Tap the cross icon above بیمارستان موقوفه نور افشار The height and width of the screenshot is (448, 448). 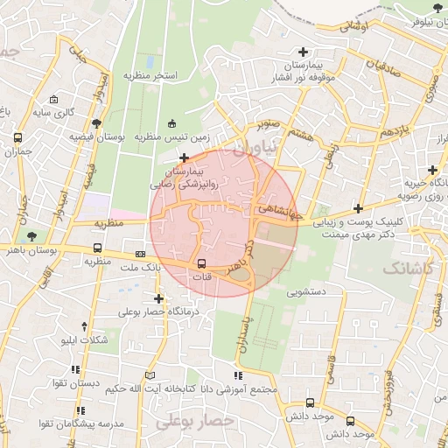pyautogui.click(x=303, y=52)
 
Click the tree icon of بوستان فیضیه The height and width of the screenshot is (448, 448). pyautogui.click(x=95, y=123)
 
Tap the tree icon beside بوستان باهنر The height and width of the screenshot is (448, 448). pyautogui.click(x=32, y=236)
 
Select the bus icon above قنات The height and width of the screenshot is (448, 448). pyautogui.click(x=202, y=263)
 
